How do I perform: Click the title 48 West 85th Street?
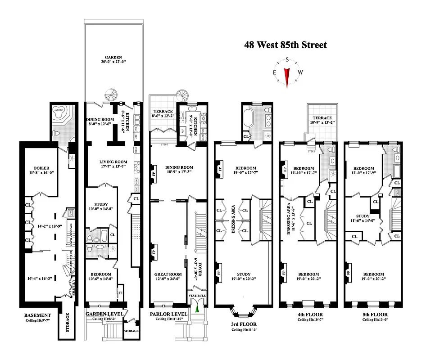pyautogui.click(x=285, y=45)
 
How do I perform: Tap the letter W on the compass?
pyautogui.click(x=300, y=73)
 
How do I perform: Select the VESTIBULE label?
pyautogui.click(x=197, y=296)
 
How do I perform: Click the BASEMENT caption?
pyautogui.click(x=38, y=315)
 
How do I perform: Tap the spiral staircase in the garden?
pyautogui.click(x=111, y=94)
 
